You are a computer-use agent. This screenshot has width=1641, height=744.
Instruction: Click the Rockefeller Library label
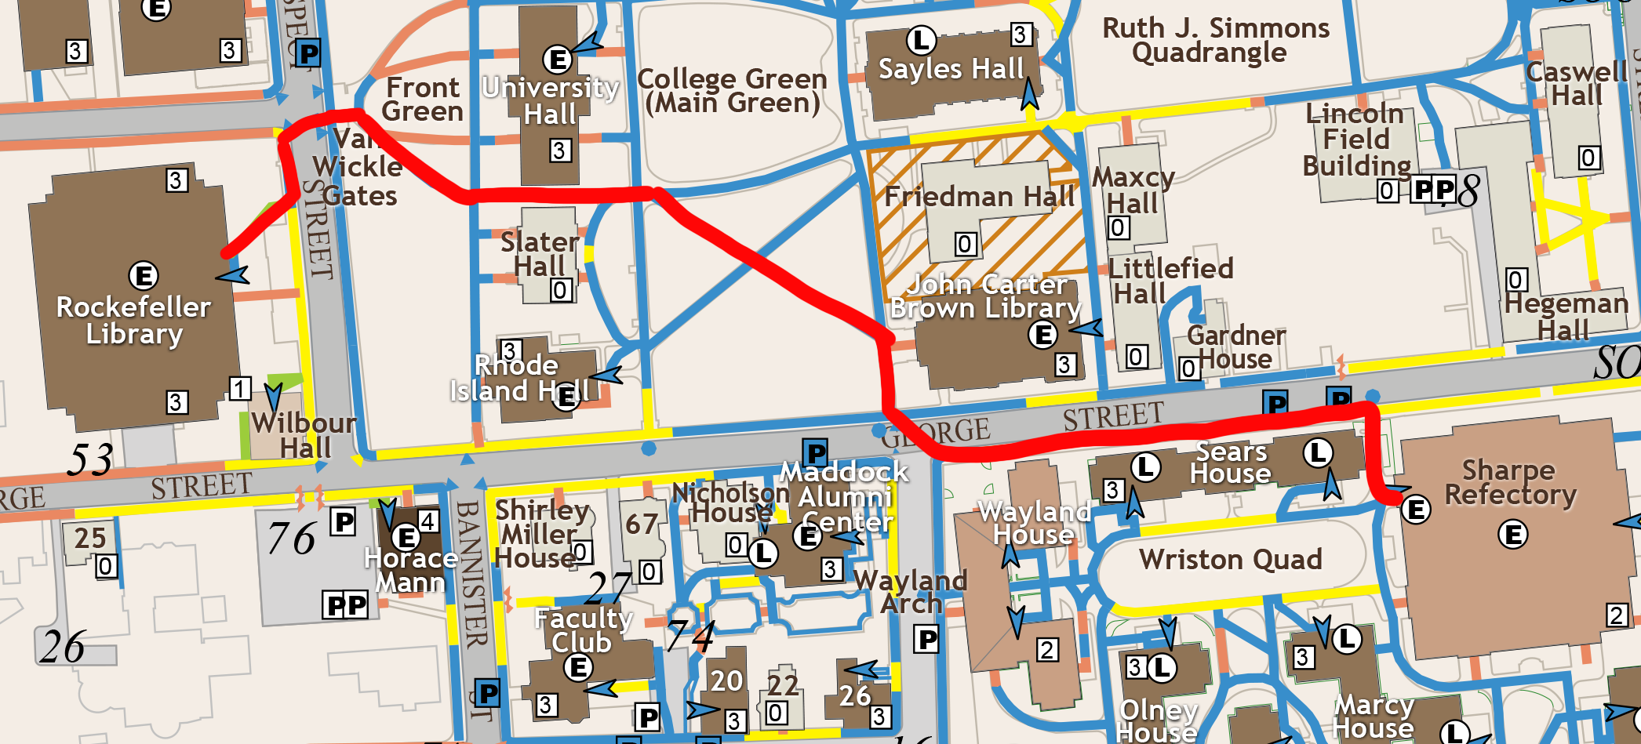tap(134, 320)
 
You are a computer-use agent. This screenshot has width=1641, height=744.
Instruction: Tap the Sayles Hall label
tap(951, 69)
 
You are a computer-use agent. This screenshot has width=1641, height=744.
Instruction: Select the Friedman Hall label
tap(979, 196)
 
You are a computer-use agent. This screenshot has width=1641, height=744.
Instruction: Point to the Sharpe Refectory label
tap(1510, 482)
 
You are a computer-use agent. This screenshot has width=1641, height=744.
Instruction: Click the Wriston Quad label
tap(1230, 560)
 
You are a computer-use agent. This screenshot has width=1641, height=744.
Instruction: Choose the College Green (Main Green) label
tap(732, 91)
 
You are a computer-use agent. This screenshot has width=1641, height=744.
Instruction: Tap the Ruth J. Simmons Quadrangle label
tap(1215, 40)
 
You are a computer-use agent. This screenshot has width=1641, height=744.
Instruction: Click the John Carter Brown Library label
tap(986, 296)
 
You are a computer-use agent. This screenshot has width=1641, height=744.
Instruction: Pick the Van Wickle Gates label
tap(358, 167)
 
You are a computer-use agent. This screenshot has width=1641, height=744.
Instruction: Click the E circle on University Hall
tap(557, 59)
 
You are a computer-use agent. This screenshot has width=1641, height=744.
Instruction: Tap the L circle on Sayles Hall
tap(921, 40)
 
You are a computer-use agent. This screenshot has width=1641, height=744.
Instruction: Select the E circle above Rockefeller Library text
tap(144, 276)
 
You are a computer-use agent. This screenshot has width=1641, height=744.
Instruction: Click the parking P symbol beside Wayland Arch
tap(927, 640)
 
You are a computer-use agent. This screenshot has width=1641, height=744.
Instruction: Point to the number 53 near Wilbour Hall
tap(90, 459)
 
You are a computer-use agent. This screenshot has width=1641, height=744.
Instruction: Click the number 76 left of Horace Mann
tap(291, 539)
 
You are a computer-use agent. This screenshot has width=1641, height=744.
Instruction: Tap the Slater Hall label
tap(540, 254)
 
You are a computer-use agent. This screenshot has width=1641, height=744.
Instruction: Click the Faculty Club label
tap(583, 630)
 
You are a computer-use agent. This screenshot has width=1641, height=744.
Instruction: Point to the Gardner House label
tap(1235, 347)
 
